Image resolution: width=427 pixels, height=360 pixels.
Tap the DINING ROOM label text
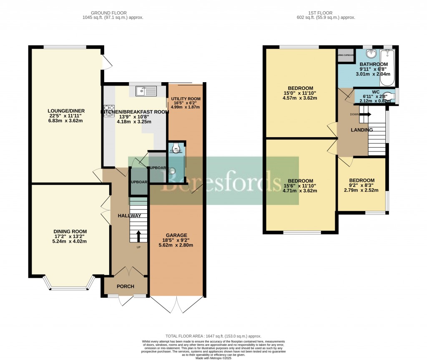pyautogui.click(x=70, y=232)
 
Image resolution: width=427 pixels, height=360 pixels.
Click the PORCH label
pyautogui.click(x=125, y=287)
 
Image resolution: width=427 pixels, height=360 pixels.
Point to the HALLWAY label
pyautogui.click(x=129, y=216)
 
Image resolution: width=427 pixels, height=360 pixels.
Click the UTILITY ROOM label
pyautogui.click(x=186, y=99)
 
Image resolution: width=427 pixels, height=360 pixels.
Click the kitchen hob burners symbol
pyautogui.click(x=109, y=110)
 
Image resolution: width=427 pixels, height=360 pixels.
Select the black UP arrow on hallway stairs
pyautogui.click(x=138, y=237)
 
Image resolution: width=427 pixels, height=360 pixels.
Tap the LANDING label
pyautogui.click(x=362, y=130)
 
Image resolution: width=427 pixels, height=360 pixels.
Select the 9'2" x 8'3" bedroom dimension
pyautogui.click(x=361, y=190)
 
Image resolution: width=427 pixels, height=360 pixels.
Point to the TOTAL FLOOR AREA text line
pyautogui.click(x=213, y=336)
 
